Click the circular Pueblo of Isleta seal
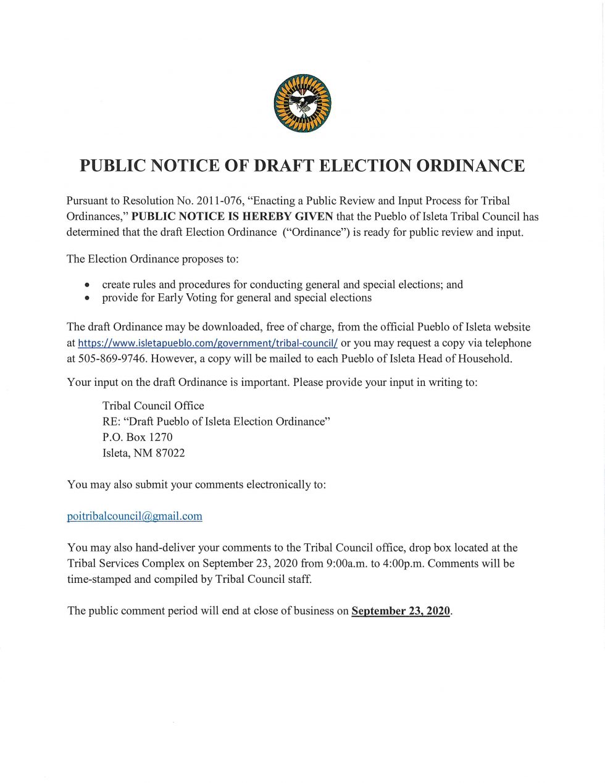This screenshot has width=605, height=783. tap(302, 104)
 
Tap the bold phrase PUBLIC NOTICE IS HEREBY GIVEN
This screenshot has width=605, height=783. tap(232, 217)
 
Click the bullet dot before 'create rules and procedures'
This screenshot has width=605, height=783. tap(88, 285)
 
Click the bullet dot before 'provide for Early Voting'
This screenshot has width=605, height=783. tap(88, 298)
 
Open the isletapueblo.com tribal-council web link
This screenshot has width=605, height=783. tap(207, 343)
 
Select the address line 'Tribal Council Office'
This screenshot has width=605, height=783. tap(153, 406)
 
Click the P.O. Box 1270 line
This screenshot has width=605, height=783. tap(138, 437)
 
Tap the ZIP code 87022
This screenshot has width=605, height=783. tap(170, 453)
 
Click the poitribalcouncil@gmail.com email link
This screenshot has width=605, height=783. tap(135, 516)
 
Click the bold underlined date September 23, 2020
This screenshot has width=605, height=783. tap(401, 611)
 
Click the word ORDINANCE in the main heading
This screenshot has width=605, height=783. tap(470, 166)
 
